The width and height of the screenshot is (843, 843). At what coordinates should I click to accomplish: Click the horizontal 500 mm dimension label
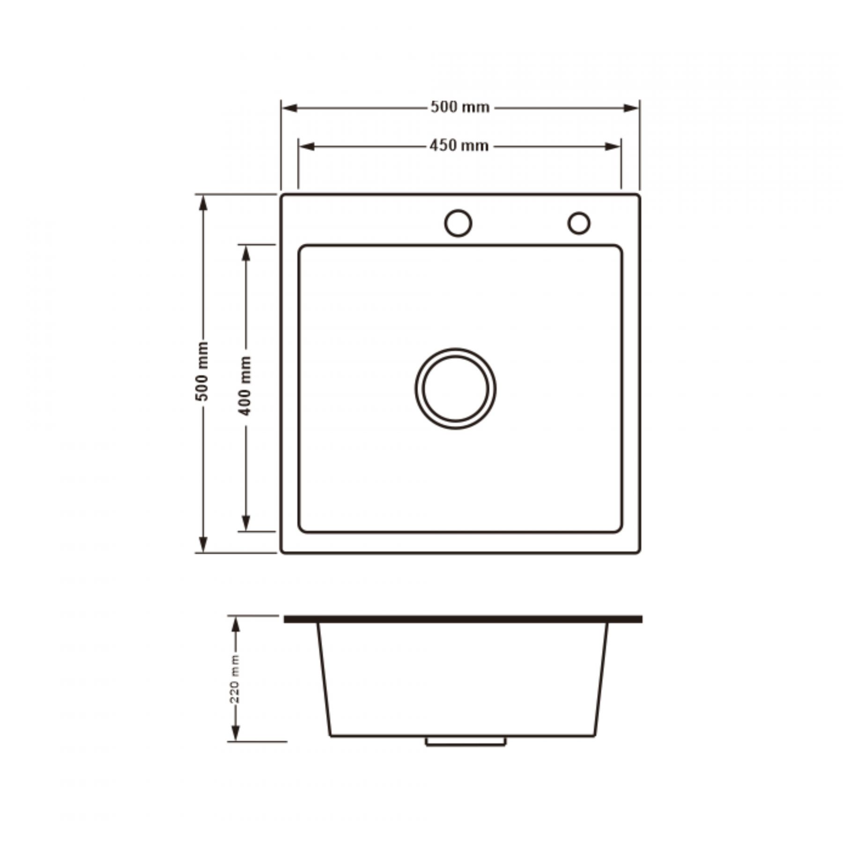pyautogui.click(x=460, y=107)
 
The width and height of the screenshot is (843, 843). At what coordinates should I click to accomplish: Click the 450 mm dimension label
pyautogui.click(x=459, y=146)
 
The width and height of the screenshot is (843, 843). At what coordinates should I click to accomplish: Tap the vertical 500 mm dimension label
pyautogui.click(x=202, y=371)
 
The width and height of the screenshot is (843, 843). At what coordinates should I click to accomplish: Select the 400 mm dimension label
pyautogui.click(x=245, y=386)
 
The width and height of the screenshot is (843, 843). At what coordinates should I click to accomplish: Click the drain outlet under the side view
pyautogui.click(x=466, y=741)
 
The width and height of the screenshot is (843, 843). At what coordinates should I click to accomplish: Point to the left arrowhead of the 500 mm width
pyautogui.click(x=289, y=108)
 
